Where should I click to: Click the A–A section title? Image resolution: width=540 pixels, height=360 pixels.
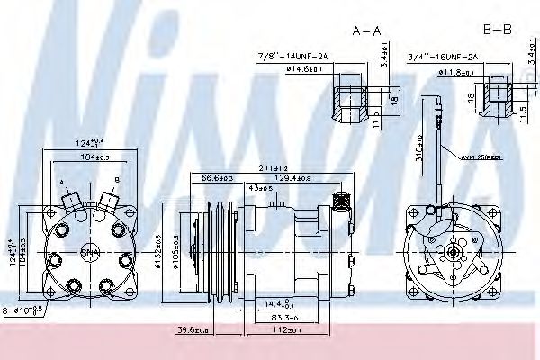366,31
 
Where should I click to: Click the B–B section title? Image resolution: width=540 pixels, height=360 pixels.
497,31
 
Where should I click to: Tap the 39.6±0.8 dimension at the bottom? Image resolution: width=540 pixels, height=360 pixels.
193,330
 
